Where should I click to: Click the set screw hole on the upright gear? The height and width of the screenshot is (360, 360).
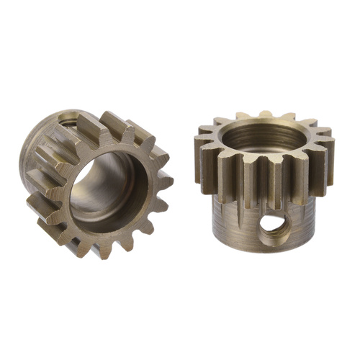click(x=271, y=224)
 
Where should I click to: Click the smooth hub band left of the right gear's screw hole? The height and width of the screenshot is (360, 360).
click(x=230, y=223)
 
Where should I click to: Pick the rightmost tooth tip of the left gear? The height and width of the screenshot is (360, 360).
click(x=168, y=180)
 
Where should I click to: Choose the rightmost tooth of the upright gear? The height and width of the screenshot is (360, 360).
click(x=328, y=155)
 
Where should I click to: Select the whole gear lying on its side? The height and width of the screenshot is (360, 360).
click(x=97, y=184)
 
